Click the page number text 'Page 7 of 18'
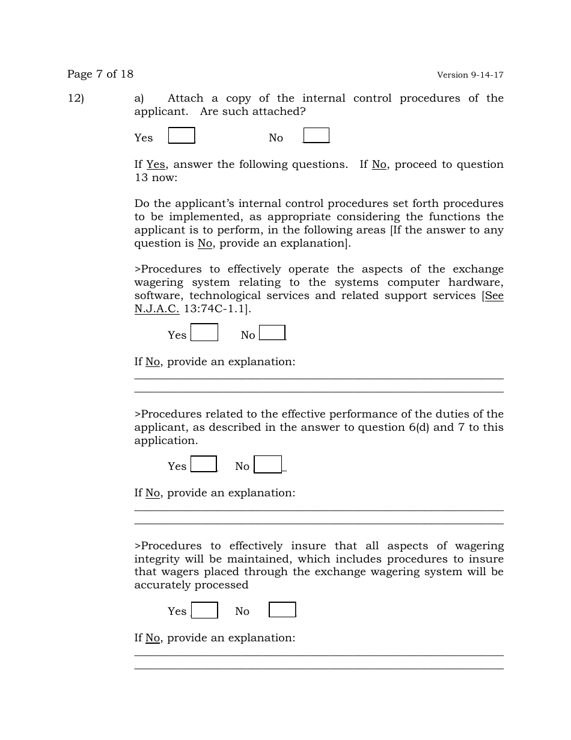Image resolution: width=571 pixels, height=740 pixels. (x=100, y=74)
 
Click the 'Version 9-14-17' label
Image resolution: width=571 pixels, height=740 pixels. (x=470, y=75)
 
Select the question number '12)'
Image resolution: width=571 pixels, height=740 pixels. (x=76, y=98)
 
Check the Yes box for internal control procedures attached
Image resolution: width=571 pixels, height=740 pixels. (x=182, y=136)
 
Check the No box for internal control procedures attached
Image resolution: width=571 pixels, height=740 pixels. (x=316, y=136)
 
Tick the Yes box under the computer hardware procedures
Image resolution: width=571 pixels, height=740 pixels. (x=204, y=333)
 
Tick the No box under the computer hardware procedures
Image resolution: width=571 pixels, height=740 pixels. (x=272, y=333)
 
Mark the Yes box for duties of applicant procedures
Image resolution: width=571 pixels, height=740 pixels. (x=204, y=464)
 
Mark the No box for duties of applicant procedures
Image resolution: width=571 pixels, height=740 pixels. (x=268, y=464)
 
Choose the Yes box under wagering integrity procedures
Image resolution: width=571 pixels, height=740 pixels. (x=204, y=610)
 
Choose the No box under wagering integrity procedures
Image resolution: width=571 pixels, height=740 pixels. (x=282, y=610)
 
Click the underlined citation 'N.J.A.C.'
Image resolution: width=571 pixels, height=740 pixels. (x=157, y=309)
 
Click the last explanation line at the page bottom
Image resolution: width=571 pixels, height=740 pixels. (x=319, y=668)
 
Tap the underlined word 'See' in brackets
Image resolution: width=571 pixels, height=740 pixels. (x=494, y=296)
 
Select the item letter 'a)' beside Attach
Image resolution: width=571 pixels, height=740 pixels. (x=139, y=98)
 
